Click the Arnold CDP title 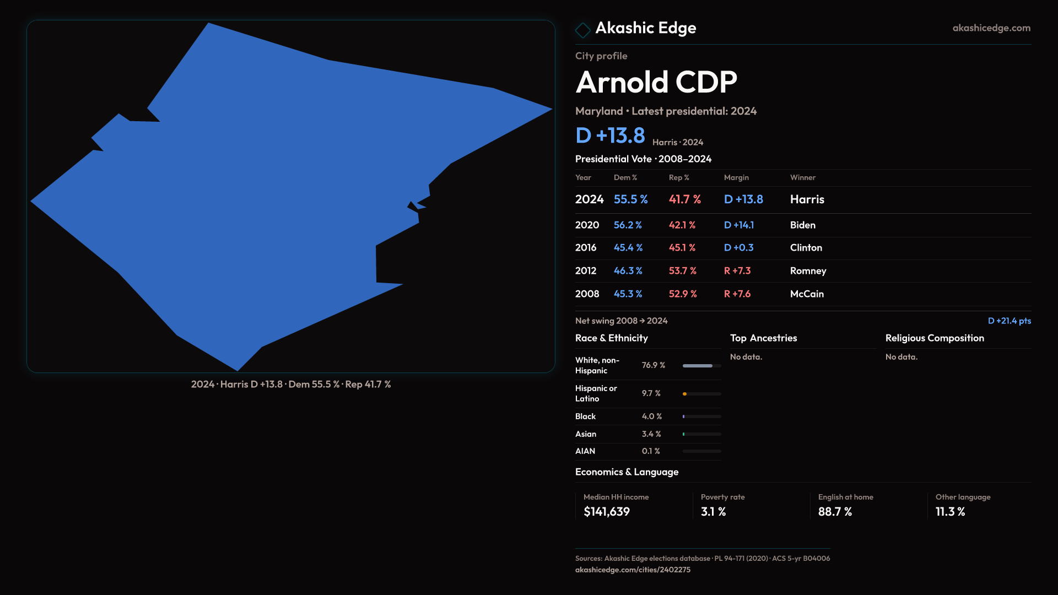click(656, 83)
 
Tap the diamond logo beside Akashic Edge click(582, 30)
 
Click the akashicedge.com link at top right click(991, 28)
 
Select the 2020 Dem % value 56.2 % click(628, 225)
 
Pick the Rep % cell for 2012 click(682, 271)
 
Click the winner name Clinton click(806, 248)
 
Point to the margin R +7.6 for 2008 click(737, 294)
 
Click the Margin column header click(736, 178)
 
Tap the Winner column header click(802, 178)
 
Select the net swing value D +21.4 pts click(1009, 321)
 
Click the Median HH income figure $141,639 click(606, 512)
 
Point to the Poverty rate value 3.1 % click(713, 512)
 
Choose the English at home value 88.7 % click(835, 512)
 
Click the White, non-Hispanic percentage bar click(701, 366)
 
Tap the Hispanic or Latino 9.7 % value click(651, 393)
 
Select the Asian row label click(585, 434)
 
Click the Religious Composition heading click(934, 338)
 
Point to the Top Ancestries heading click(763, 338)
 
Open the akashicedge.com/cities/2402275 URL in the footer click(633, 570)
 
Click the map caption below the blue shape click(291, 385)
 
